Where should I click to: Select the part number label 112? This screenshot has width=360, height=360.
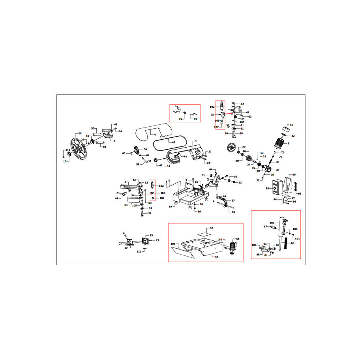click(x=68, y=150)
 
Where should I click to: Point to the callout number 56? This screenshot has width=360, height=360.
click(x=145, y=149)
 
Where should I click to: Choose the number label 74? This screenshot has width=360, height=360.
click(x=184, y=157)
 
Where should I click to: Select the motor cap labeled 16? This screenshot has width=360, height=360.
click(x=286, y=129)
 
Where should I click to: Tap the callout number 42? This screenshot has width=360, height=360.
click(x=292, y=136)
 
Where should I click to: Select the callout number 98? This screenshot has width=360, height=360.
click(x=294, y=202)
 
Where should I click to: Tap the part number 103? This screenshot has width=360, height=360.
click(x=272, y=223)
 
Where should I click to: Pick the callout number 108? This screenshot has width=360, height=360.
click(x=172, y=244)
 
